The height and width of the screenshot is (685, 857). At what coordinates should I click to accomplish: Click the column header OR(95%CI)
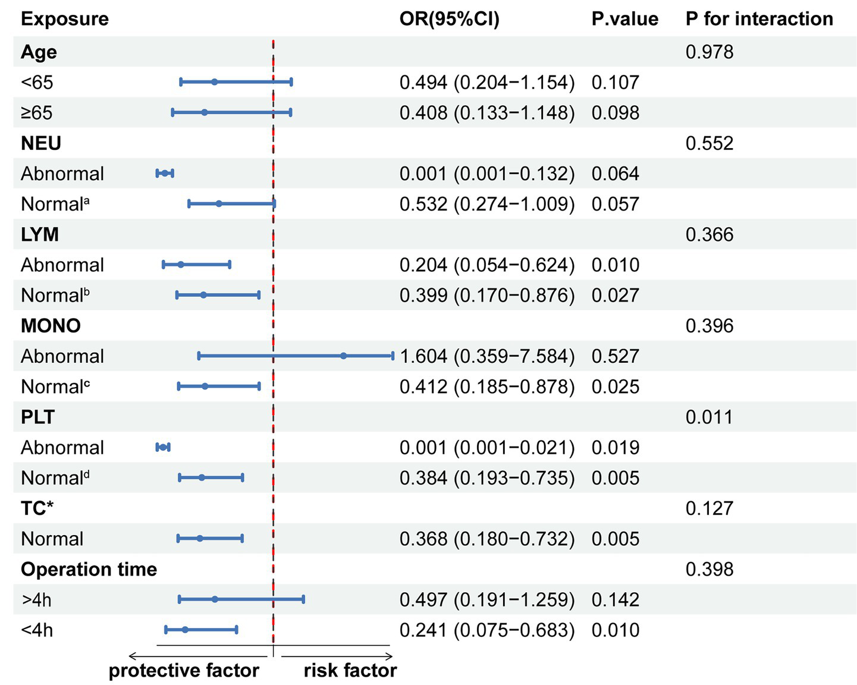point(449,19)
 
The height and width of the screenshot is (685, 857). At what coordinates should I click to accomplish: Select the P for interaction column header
point(759,19)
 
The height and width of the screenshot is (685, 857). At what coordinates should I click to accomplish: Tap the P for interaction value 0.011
point(709,417)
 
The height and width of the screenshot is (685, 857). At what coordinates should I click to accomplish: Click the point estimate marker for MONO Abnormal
point(344,356)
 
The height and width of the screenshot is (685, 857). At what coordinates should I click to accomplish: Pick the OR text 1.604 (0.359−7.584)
point(487,356)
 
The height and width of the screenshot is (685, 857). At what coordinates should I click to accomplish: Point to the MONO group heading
point(51,326)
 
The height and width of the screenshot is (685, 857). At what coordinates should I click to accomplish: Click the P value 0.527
point(615,356)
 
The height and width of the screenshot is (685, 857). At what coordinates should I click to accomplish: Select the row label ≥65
point(37,113)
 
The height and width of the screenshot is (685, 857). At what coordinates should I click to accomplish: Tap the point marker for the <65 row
point(215,82)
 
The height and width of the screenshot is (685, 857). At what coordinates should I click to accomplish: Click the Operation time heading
point(89,569)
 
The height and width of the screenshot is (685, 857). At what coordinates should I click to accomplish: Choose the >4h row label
point(37,600)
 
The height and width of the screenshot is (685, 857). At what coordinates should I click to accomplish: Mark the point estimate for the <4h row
point(185,629)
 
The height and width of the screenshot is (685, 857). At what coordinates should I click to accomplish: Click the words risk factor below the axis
point(350,670)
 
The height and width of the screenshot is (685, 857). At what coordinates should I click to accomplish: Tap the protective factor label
point(184,670)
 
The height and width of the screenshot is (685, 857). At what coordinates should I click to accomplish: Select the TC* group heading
point(37,508)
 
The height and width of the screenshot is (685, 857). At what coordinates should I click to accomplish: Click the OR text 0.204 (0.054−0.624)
point(487,265)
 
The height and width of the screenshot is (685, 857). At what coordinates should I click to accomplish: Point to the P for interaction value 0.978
point(709,52)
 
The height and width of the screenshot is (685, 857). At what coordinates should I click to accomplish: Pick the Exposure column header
point(65,19)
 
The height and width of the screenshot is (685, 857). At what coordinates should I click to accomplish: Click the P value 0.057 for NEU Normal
point(615,204)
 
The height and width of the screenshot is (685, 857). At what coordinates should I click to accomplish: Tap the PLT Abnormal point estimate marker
point(162,447)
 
